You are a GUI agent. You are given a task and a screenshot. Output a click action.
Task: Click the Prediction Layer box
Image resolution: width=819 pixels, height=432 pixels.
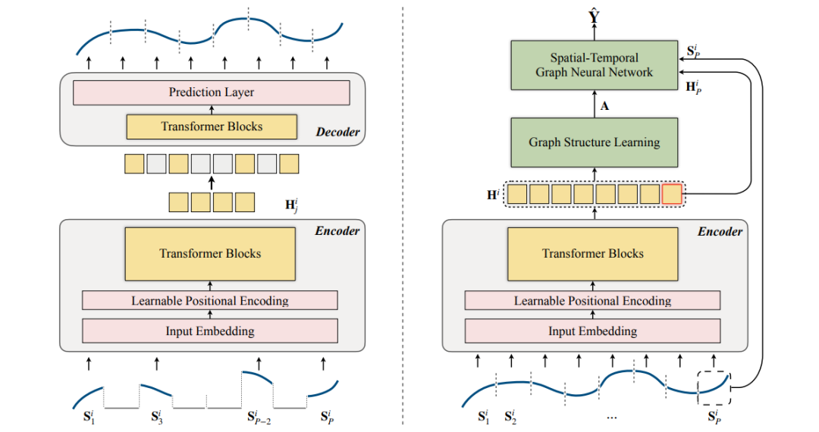click(211, 92)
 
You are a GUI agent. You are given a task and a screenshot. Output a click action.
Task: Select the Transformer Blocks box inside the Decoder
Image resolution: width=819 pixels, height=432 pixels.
click(211, 127)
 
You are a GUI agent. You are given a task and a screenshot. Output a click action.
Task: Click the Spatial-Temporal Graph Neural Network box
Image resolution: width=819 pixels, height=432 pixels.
click(594, 65)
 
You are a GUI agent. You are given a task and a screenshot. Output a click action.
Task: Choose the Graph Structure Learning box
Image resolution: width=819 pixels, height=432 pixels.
click(594, 142)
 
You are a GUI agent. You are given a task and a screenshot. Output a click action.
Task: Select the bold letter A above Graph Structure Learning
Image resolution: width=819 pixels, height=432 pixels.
click(604, 106)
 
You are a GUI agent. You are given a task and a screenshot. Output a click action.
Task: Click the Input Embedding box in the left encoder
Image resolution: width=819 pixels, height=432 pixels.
click(210, 331)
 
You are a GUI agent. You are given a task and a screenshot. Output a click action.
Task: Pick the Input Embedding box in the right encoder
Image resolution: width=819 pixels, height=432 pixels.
click(592, 331)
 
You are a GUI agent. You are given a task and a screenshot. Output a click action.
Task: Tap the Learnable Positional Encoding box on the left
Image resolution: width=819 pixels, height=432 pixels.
click(210, 301)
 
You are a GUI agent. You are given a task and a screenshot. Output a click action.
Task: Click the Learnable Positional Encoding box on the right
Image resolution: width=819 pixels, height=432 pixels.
click(592, 301)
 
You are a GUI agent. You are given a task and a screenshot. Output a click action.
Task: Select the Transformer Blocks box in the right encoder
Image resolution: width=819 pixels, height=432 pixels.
click(592, 254)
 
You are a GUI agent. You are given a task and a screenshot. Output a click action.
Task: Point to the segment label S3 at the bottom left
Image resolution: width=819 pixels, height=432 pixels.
click(156, 416)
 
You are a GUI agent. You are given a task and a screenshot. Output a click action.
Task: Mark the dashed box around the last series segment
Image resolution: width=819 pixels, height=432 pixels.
click(714, 385)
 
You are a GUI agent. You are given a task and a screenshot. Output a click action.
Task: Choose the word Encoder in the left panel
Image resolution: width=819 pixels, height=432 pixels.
click(337, 230)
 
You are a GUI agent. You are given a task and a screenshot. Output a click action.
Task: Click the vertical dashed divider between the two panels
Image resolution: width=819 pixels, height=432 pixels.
click(403, 216)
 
